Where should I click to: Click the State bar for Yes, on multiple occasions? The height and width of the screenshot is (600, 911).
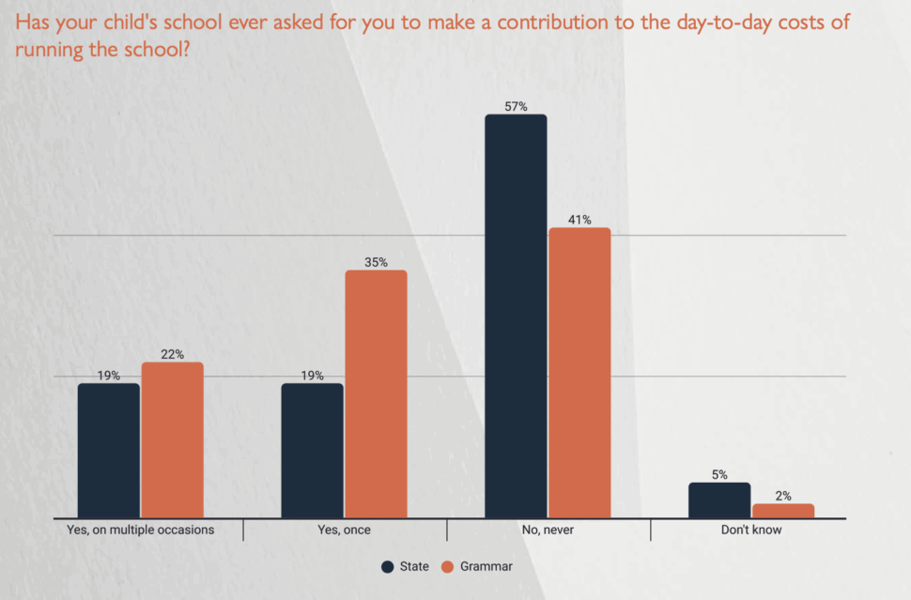pyautogui.click(x=108, y=451)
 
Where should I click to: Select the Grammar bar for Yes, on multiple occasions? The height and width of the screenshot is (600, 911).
pyautogui.click(x=172, y=440)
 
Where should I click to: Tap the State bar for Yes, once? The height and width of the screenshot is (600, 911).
pyautogui.click(x=312, y=451)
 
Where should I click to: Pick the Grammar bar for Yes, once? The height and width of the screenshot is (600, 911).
pyautogui.click(x=376, y=394)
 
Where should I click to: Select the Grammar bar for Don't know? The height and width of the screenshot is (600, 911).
pyautogui.click(x=783, y=511)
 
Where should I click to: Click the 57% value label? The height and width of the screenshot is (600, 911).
pyautogui.click(x=516, y=107)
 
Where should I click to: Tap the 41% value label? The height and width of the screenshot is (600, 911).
pyautogui.click(x=579, y=220)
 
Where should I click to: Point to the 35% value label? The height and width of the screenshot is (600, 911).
pyautogui.click(x=376, y=263)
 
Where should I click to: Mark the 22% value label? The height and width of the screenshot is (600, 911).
pyautogui.click(x=172, y=354)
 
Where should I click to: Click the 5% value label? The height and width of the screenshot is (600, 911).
pyautogui.click(x=719, y=475)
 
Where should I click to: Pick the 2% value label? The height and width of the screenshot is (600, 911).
pyautogui.click(x=783, y=496)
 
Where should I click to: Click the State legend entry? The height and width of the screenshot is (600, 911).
pyautogui.click(x=405, y=566)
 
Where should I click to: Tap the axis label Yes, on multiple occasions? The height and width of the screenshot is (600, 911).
pyautogui.click(x=141, y=530)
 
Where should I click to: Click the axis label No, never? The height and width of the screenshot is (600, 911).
pyautogui.click(x=548, y=530)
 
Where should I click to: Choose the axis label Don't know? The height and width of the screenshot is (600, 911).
pyautogui.click(x=751, y=530)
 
